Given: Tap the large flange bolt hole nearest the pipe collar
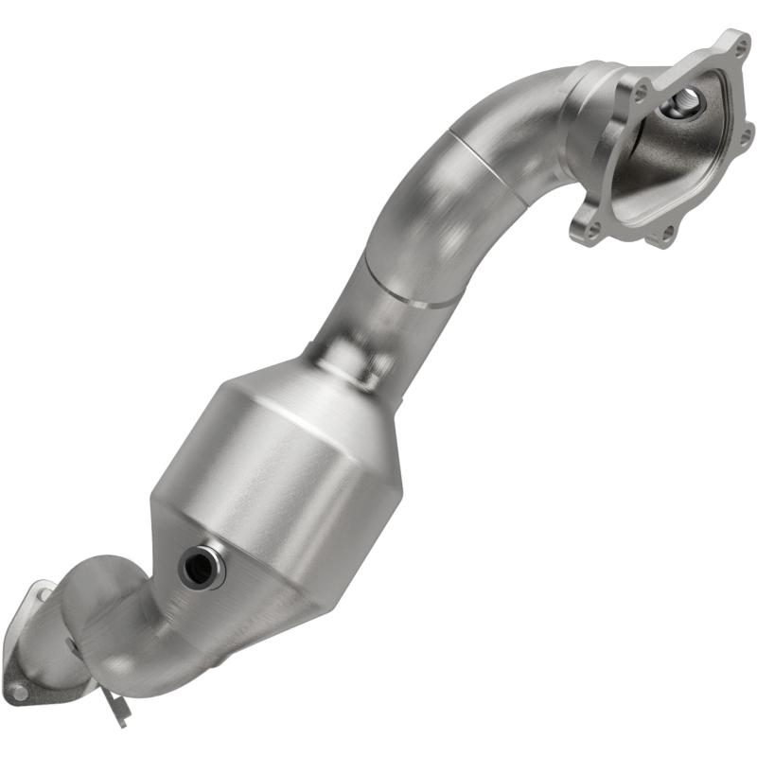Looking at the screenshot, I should [639, 92].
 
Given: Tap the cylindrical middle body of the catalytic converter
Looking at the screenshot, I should [274, 473].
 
